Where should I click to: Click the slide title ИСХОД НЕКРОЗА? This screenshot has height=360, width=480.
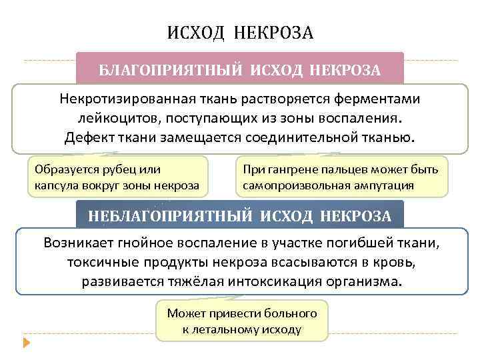pos(239,32)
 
